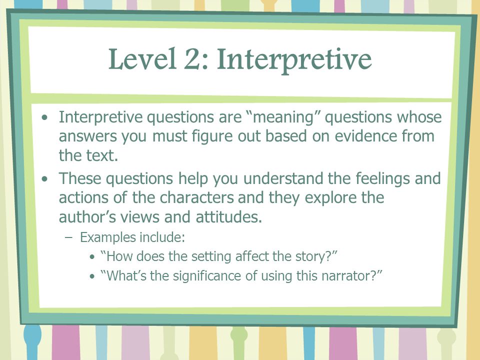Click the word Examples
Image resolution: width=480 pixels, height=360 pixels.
pos(102,237)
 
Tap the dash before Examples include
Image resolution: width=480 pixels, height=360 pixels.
pos(69,237)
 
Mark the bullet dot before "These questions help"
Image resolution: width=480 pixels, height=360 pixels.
pos(46,178)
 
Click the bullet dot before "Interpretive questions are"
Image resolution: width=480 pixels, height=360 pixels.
pos(46,118)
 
